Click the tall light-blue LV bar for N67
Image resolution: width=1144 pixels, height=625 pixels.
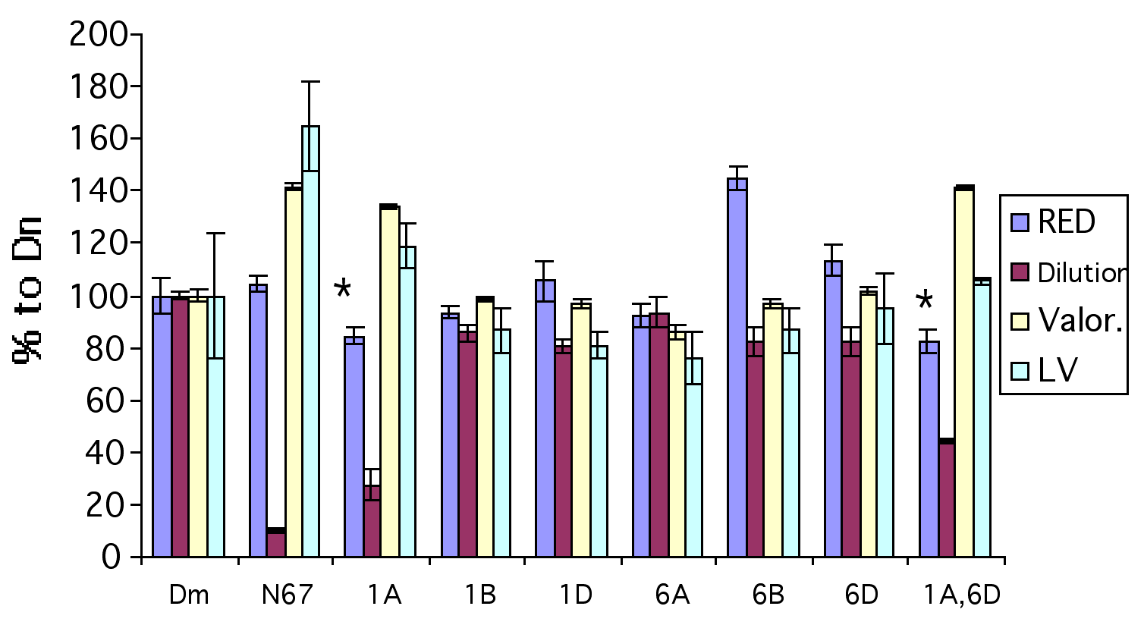point(310,341)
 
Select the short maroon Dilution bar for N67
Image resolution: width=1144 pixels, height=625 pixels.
point(276,543)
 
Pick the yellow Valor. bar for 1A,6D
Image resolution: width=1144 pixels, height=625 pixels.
point(964,372)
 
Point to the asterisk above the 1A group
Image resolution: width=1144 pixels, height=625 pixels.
point(343,290)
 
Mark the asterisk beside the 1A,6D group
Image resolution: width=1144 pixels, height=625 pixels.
point(925,301)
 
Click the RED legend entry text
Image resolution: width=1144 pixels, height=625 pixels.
point(1066,222)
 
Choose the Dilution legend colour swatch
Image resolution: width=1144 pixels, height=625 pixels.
point(1020,272)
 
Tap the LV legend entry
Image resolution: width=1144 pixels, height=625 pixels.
point(1058,370)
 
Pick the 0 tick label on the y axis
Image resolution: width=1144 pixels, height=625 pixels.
point(111,557)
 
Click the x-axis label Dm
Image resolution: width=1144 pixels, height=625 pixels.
point(189,595)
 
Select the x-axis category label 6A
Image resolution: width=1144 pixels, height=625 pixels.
point(672,595)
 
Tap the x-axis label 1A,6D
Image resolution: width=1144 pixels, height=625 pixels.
point(962,595)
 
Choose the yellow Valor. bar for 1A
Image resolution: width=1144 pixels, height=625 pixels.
point(390,382)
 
